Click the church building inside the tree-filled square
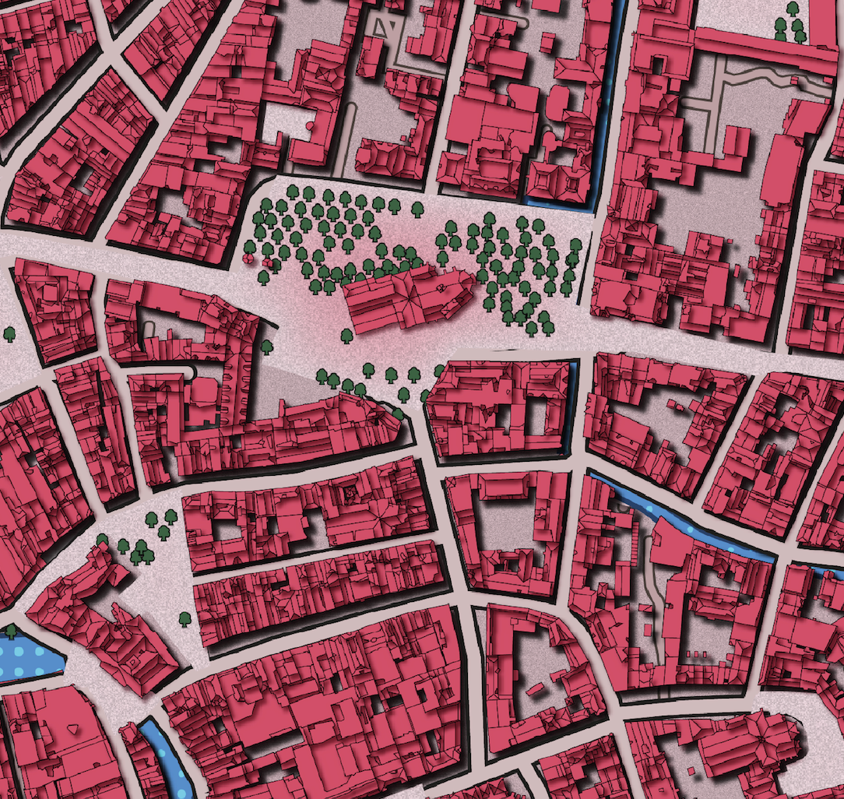tap(405, 299)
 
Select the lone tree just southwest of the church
tap(346, 335)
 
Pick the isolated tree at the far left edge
tap(9, 334)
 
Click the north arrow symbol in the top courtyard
tap(382, 26)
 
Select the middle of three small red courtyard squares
tap(695, 653)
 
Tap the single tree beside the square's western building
tap(267, 346)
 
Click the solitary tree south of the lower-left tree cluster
tap(185, 619)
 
